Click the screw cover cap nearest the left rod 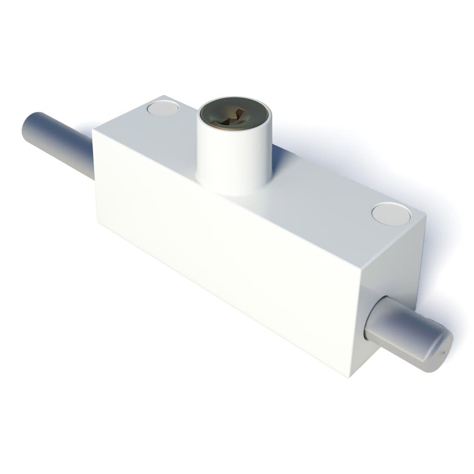click(x=163, y=108)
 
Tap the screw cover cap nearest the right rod click(x=391, y=213)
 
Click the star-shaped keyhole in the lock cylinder click(x=233, y=116)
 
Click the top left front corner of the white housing click(x=93, y=129)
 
